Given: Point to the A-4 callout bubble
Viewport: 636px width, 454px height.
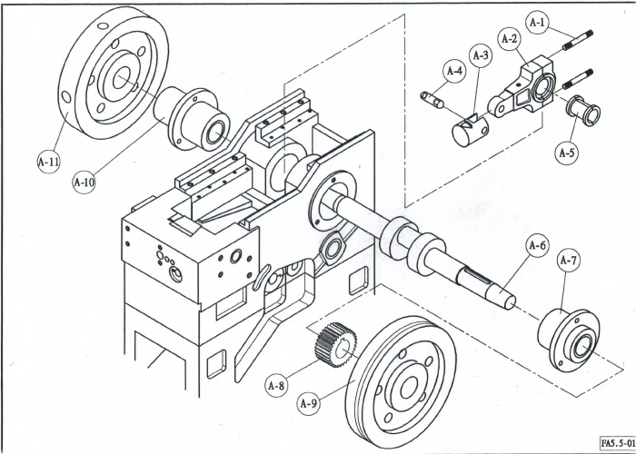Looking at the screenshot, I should coord(454,70).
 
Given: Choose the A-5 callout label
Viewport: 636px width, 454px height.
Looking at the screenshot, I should coord(567,152).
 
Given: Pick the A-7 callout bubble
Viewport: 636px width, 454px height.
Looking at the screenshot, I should coord(569,262).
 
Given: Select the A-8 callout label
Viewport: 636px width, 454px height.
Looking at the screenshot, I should coord(277,385).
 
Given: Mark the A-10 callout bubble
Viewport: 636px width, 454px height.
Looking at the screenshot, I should coord(84,181).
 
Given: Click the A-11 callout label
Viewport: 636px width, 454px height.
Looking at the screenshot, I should coord(48,162).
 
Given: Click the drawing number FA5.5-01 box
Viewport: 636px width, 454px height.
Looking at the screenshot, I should coord(616,442).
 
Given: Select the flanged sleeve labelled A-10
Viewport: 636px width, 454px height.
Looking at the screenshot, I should coord(195,116).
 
